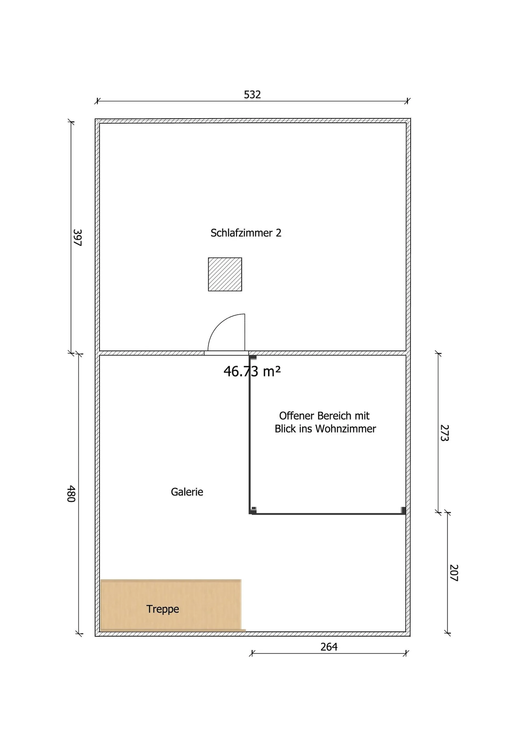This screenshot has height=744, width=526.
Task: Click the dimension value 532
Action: (x=252, y=95)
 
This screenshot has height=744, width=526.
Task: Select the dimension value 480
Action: (x=71, y=494)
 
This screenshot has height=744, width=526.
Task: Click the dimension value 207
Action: (x=454, y=573)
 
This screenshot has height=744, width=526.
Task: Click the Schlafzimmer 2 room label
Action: (x=246, y=233)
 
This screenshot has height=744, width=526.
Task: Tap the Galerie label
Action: (x=187, y=492)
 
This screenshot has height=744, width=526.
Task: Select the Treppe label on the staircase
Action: (x=162, y=609)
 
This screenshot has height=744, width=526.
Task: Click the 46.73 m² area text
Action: (x=252, y=371)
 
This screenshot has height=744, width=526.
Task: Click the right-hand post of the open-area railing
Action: (x=403, y=510)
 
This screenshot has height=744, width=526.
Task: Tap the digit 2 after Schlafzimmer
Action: (x=278, y=233)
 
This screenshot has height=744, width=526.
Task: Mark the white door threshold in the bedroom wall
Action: (x=226, y=353)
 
